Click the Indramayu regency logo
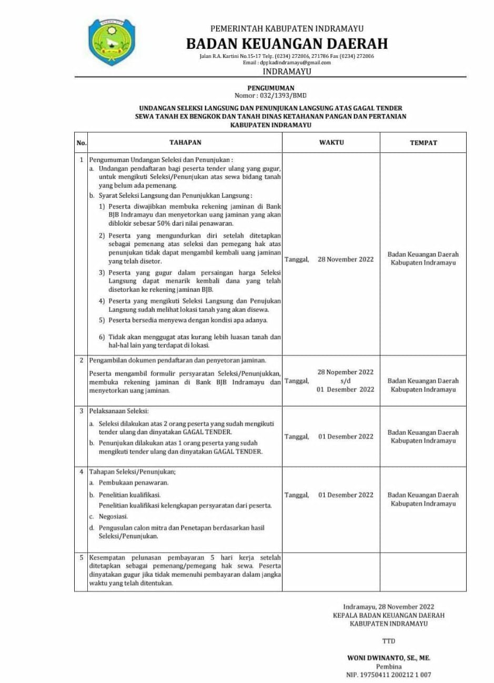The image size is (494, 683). click(x=108, y=43)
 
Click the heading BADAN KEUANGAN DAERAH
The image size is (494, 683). click(x=287, y=44)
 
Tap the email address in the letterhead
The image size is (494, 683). click(x=295, y=63)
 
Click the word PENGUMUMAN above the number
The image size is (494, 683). click(x=271, y=88)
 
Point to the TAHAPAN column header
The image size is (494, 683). click(x=185, y=142)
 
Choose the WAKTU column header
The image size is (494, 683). click(x=331, y=142)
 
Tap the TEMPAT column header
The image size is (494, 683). click(x=424, y=142)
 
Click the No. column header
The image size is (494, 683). click(x=82, y=142)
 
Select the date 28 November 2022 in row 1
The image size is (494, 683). click(x=346, y=259)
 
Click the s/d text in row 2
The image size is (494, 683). click(x=345, y=381)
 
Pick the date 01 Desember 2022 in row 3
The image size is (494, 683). click(x=346, y=436)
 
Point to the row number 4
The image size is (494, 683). click(x=82, y=472)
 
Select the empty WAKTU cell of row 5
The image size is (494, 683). click(x=331, y=572)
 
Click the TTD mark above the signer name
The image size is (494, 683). click(x=388, y=641)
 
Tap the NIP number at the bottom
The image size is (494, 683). click(x=388, y=675)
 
